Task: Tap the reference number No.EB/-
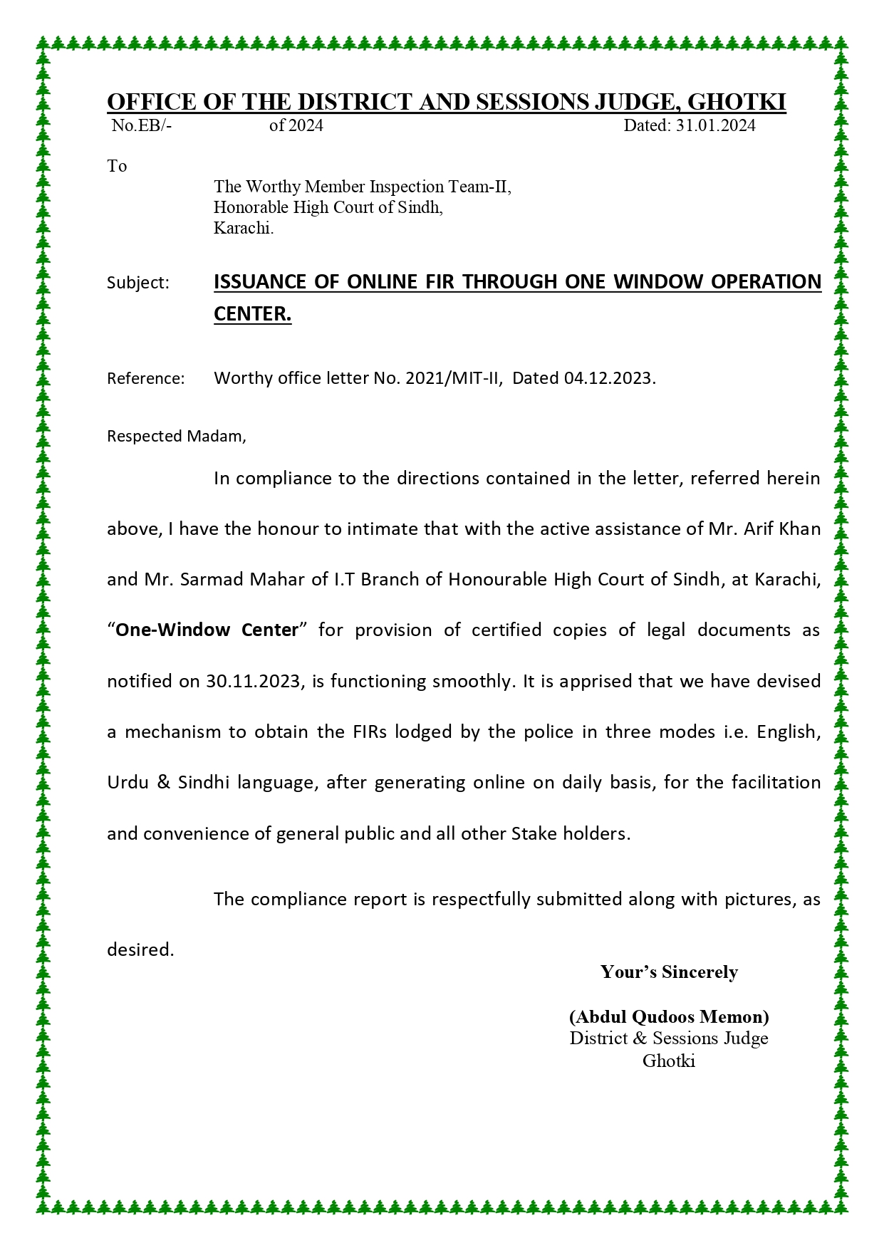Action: pos(142,126)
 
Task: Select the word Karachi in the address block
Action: pos(243,229)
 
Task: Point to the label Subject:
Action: pos(138,283)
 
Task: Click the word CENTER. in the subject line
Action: pos(253,313)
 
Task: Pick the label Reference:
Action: pos(146,378)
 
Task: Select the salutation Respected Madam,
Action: pos(177,436)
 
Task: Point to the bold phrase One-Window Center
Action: pos(207,630)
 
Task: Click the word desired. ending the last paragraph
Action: pos(140,949)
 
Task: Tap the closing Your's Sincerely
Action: pos(669,972)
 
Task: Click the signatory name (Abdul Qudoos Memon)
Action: pos(669,1016)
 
